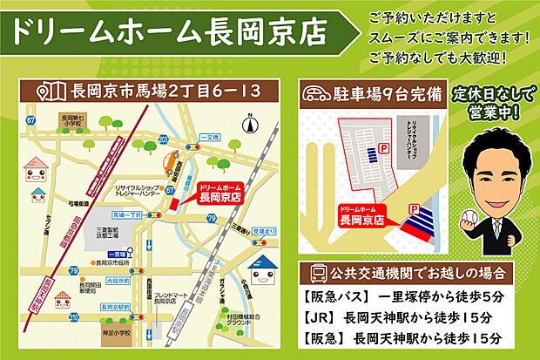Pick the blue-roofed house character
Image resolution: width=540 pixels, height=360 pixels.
[x=259, y=271]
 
